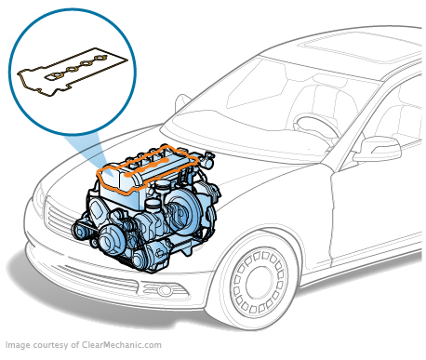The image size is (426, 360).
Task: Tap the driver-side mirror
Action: (x=376, y=148)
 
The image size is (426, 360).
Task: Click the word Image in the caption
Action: (x=19, y=346)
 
